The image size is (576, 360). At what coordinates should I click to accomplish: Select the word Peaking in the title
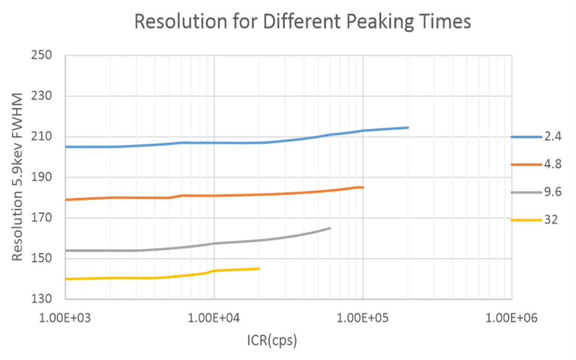pyautogui.click(x=380, y=22)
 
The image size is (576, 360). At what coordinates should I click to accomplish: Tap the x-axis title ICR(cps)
pyautogui.click(x=272, y=341)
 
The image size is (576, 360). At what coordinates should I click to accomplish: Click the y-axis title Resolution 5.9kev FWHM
pyautogui.click(x=17, y=177)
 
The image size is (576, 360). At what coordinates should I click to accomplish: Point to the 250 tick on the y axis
pyautogui.click(x=41, y=55)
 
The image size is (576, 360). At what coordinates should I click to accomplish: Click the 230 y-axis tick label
pyautogui.click(x=41, y=96)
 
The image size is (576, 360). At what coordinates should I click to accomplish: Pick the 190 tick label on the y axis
pyautogui.click(x=41, y=177)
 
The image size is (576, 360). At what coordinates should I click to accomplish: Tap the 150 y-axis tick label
pyautogui.click(x=41, y=258)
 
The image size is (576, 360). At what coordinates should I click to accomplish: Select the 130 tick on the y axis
pyautogui.click(x=41, y=299)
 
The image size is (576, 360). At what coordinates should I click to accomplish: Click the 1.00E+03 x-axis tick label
pyautogui.click(x=65, y=318)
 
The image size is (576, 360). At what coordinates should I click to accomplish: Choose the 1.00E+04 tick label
pyautogui.click(x=213, y=318)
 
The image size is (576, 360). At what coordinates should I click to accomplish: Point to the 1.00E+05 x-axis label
pyautogui.click(x=363, y=318)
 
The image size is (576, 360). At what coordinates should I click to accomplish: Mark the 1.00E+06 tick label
pyautogui.click(x=511, y=318)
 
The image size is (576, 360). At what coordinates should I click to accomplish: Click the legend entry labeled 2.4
pyautogui.click(x=536, y=137)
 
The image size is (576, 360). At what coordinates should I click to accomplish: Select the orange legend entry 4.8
pyautogui.click(x=536, y=164)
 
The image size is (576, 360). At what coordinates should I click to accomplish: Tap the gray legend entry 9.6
pyautogui.click(x=536, y=192)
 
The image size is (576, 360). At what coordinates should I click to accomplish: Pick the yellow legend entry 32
pyautogui.click(x=534, y=220)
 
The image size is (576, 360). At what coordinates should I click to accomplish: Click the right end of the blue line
pyautogui.click(x=408, y=128)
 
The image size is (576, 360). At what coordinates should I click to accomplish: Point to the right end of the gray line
pyautogui.click(x=330, y=228)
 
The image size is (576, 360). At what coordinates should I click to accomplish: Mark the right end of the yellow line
pyautogui.click(x=259, y=269)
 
